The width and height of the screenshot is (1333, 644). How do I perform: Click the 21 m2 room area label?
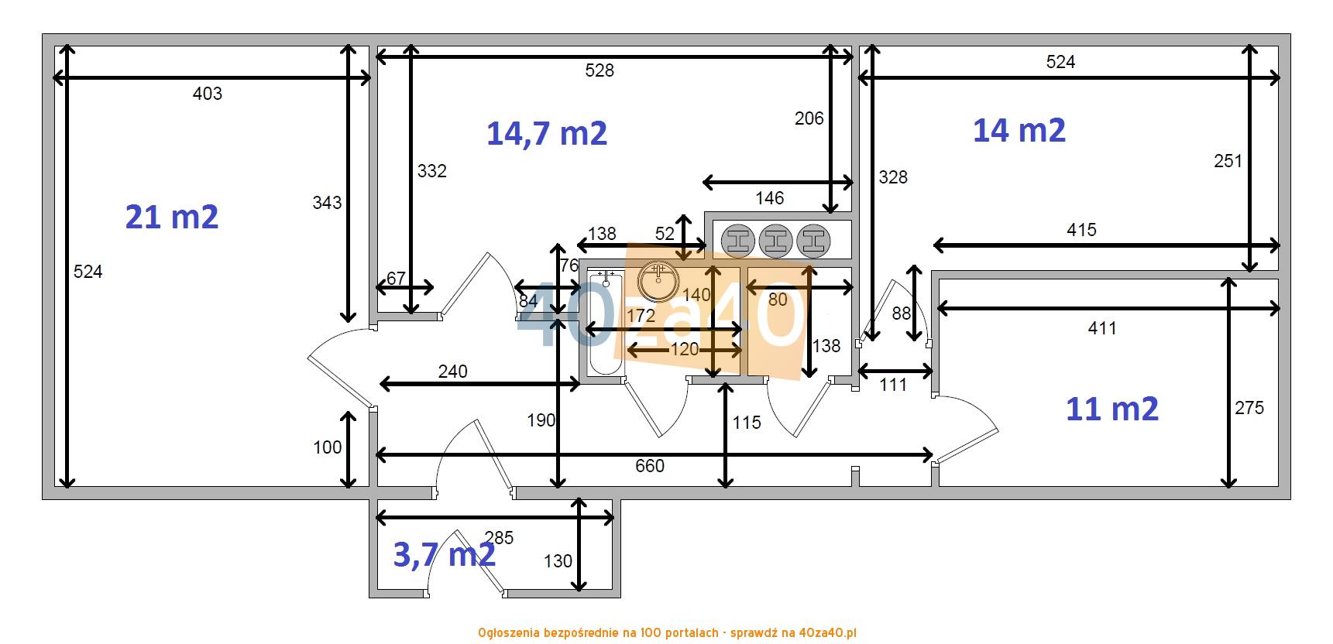tap(172, 218)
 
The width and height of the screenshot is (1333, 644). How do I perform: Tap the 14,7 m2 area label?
tap(547, 133)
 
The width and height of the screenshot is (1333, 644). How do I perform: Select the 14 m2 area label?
tap(1019, 130)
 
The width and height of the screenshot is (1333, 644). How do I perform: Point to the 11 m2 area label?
tap(1112, 408)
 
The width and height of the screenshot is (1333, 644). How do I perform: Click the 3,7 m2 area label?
tap(445, 554)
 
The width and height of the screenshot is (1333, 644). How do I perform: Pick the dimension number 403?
tap(207, 94)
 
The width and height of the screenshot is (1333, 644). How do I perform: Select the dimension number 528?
tap(600, 70)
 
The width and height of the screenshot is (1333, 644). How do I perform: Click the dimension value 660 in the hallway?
tap(650, 466)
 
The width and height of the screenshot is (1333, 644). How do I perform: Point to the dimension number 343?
tap(327, 203)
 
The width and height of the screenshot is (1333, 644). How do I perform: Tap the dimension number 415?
tap(1081, 230)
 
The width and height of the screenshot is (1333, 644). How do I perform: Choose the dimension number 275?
tap(1249, 408)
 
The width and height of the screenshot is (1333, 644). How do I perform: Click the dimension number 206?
tap(809, 118)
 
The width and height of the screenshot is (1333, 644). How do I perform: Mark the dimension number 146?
tap(770, 198)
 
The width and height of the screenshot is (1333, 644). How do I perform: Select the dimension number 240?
tap(453, 372)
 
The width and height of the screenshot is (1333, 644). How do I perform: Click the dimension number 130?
tap(558, 561)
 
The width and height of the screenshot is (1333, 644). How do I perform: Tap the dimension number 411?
tap(1102, 328)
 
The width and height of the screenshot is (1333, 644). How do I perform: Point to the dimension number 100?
tap(328, 447)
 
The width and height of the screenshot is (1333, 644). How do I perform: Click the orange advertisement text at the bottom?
tap(667, 633)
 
